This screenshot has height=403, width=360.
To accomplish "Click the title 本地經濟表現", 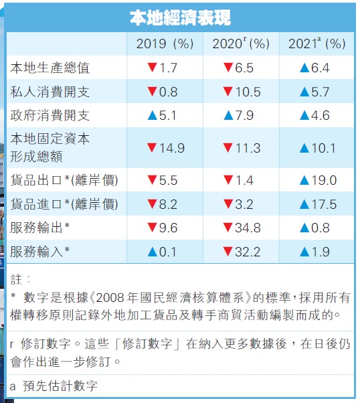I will pyautogui.click(x=180, y=18).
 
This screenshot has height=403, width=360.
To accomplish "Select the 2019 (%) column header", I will pyautogui.click(x=165, y=44).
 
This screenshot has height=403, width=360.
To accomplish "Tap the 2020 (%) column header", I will pyautogui.click(x=241, y=44).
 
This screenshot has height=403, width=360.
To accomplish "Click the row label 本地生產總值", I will pyautogui.click(x=50, y=68).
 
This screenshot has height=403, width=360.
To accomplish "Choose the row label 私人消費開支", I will pyautogui.click(x=50, y=92).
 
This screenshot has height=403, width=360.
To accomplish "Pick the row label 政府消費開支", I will pyautogui.click(x=50, y=115).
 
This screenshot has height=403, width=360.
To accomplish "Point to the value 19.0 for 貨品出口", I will pyautogui.click(x=323, y=180).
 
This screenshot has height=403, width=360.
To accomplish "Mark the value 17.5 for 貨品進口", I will pyautogui.click(x=323, y=204).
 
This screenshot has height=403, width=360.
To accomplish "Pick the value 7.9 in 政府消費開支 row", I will pyautogui.click(x=243, y=115).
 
